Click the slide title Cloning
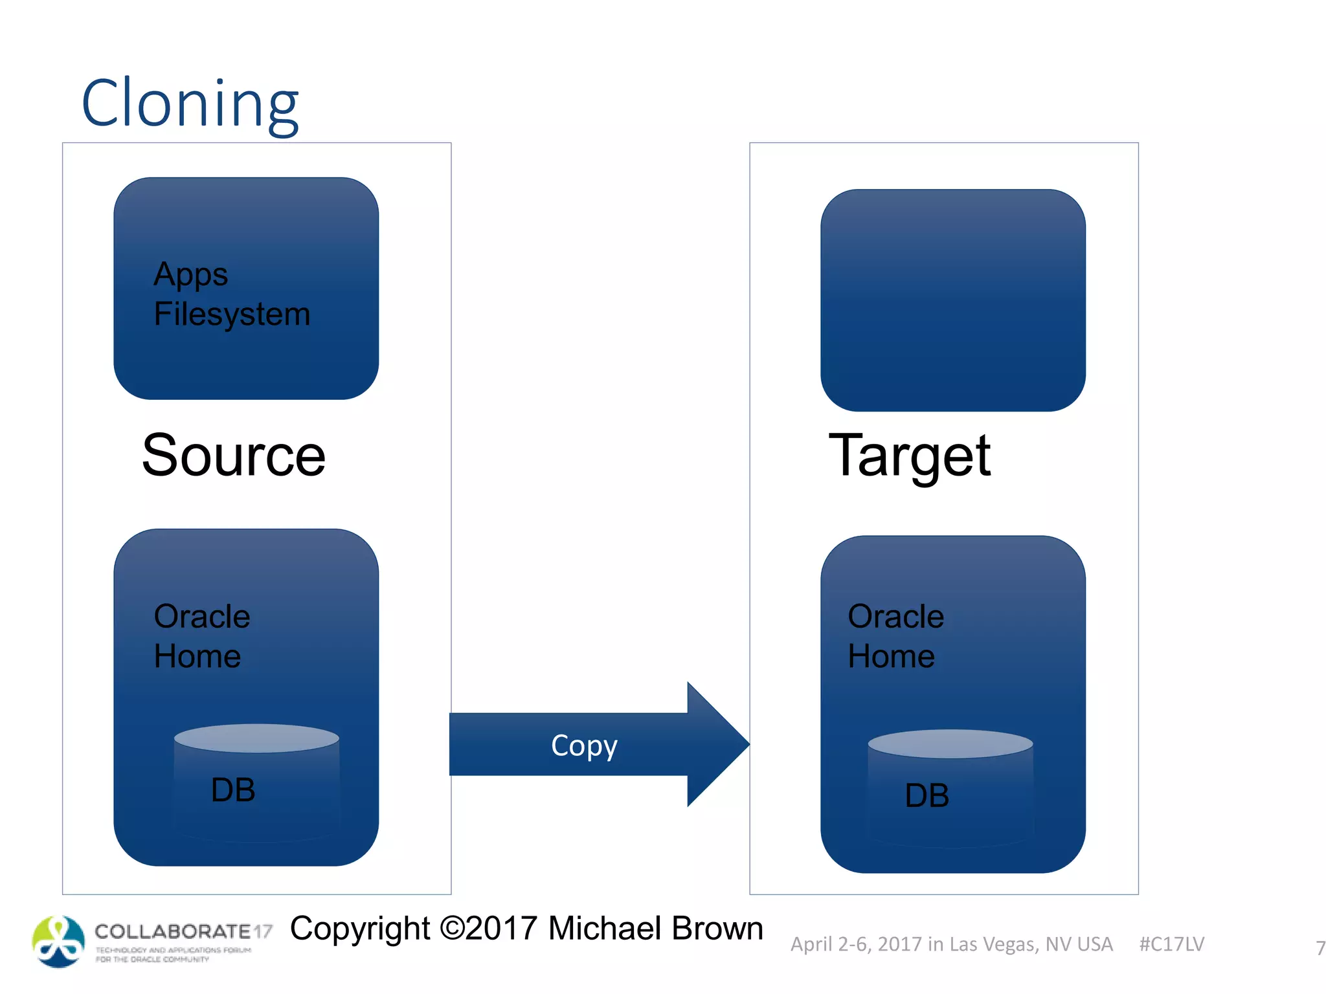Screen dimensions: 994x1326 (190, 104)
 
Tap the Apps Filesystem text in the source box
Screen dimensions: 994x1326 (231, 294)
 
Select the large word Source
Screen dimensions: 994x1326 (233, 456)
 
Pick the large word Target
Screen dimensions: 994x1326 (909, 456)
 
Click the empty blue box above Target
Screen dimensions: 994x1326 (952, 300)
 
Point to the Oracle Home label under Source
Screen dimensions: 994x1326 (201, 636)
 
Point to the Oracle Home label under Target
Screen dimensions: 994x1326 (895, 636)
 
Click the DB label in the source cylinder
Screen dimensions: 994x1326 (233, 790)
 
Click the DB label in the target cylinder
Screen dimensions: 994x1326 (927, 795)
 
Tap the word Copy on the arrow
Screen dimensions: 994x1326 (584, 745)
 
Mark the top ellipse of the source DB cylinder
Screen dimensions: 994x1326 (256, 738)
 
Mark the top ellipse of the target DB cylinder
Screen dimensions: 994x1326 (950, 744)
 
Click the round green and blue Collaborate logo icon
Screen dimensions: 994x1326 (58, 942)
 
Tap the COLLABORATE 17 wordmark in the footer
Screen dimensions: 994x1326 (183, 932)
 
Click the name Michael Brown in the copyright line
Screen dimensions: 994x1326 (655, 929)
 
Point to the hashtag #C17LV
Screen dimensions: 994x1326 (1171, 944)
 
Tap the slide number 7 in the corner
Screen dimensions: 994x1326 (1320, 948)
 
